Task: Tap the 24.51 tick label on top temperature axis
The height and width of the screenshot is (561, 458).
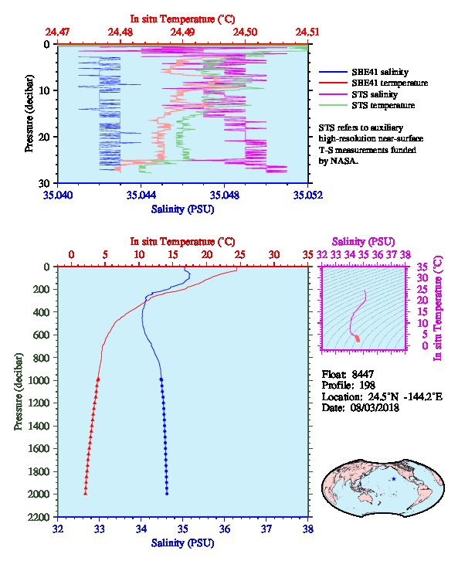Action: (x=307, y=32)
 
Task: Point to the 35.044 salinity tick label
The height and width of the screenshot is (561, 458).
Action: (x=141, y=195)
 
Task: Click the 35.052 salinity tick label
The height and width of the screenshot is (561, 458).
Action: (x=308, y=195)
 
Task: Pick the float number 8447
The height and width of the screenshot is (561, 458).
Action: (x=363, y=374)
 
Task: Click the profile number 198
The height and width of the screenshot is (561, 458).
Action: (x=367, y=385)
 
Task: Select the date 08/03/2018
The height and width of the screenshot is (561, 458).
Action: (x=375, y=407)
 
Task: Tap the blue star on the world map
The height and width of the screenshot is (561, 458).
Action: (x=394, y=479)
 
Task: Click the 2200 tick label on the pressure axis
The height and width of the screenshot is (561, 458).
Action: (x=39, y=517)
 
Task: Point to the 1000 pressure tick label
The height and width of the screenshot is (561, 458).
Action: (x=39, y=380)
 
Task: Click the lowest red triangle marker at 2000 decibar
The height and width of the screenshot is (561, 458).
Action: (x=86, y=493)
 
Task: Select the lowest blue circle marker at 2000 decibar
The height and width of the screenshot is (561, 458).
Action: (x=167, y=494)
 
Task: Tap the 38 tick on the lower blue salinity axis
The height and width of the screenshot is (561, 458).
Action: (x=308, y=529)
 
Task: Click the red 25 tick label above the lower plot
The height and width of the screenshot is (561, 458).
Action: (x=240, y=255)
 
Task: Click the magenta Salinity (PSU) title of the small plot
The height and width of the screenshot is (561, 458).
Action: (x=363, y=242)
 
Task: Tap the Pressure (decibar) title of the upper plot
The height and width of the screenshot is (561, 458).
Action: (x=29, y=114)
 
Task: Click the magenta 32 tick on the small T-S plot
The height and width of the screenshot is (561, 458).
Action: (x=322, y=255)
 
